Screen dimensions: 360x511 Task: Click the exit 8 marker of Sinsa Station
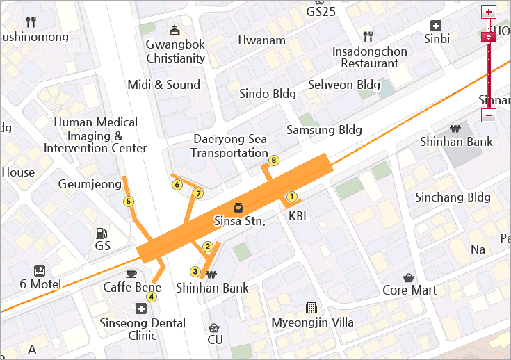pos(274,161)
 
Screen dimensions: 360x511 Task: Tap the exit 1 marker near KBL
pos(291,197)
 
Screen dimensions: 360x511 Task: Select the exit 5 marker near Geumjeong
pos(128,202)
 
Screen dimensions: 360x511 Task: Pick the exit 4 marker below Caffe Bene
pos(152,297)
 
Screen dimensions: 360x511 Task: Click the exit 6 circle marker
pos(177,185)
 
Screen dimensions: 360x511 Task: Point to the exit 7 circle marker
pos(198,193)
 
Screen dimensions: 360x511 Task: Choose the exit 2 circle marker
pos(207,246)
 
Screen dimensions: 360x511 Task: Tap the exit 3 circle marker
pos(195,272)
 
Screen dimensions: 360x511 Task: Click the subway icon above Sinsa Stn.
pos(238,207)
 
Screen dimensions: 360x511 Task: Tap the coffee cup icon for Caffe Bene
pos(132,273)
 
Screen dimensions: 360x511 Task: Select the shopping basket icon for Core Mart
pos(409,276)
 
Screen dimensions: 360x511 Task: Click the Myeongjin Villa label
pos(321,322)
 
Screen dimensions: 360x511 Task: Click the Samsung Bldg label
pos(325,130)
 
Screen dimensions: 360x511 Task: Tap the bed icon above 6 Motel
pos(40,270)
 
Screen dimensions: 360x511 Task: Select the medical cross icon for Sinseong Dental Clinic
pos(142,309)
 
